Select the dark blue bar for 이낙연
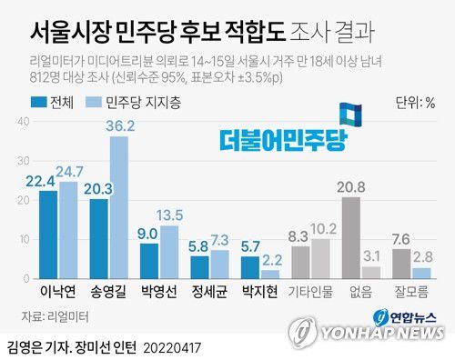[x=48, y=235]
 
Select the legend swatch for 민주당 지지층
[x=94, y=102]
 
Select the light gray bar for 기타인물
[x=321, y=259]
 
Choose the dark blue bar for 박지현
[x=250, y=267]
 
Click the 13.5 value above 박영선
[x=171, y=215]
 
